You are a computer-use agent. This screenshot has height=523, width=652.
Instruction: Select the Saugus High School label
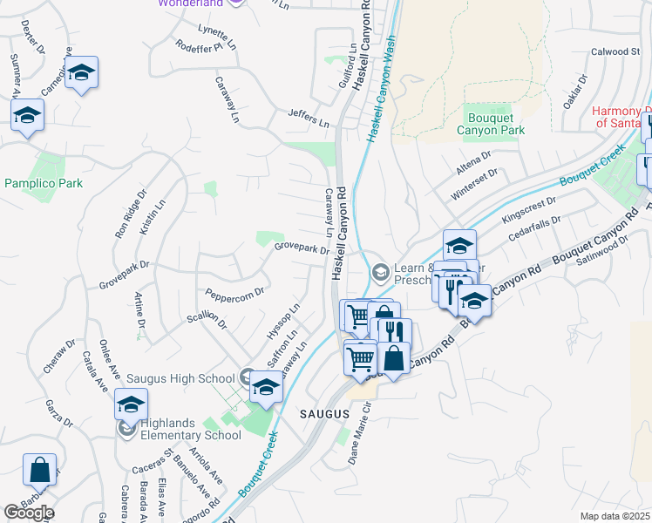(x=180, y=378)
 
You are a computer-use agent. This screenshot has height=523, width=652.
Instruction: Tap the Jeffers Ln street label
(x=309, y=118)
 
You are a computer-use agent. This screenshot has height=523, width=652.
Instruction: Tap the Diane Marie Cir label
(x=362, y=433)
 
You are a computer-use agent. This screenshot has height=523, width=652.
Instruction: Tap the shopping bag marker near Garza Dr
(x=40, y=471)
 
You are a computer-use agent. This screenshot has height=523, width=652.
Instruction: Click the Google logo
(x=29, y=513)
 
